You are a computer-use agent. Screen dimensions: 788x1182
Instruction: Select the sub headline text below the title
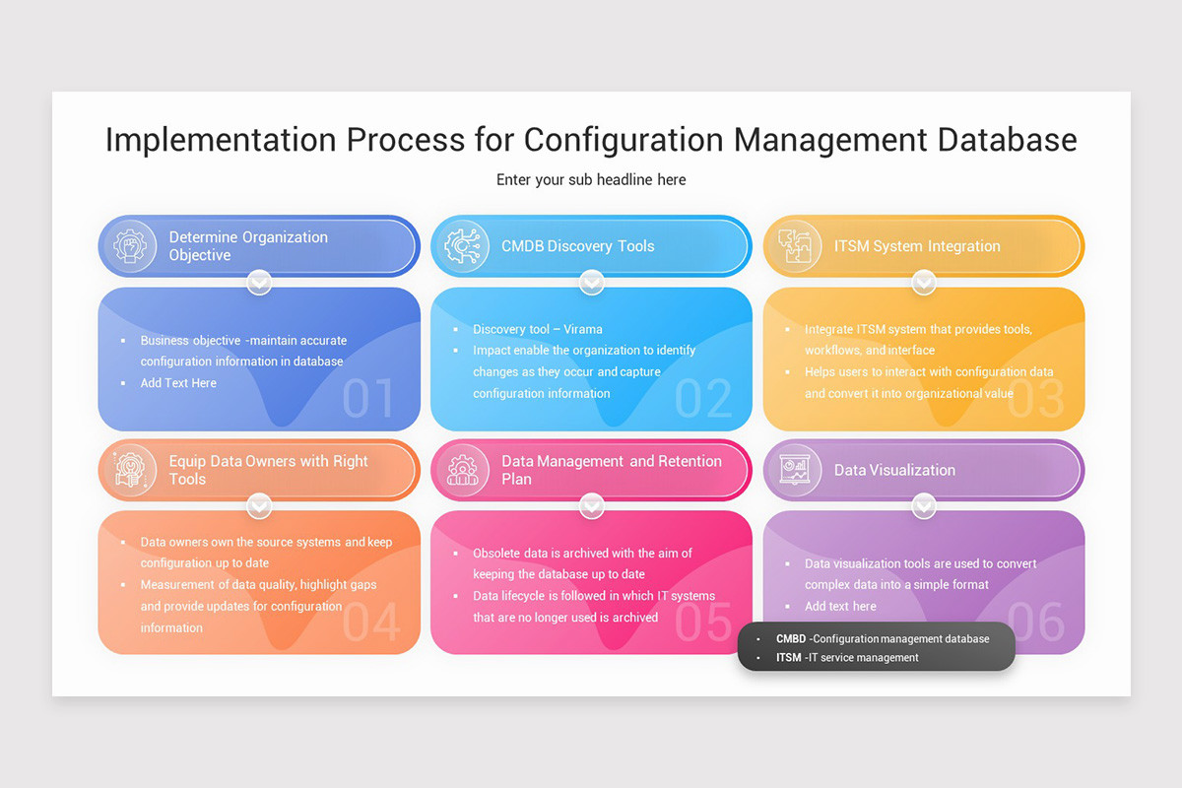pyautogui.click(x=591, y=179)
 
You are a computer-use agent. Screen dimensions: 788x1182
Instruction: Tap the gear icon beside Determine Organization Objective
pyautogui.click(x=129, y=246)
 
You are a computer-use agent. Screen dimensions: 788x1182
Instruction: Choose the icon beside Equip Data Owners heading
pyautogui.click(x=129, y=470)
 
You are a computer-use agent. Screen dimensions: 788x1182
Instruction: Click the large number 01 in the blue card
pyautogui.click(x=368, y=399)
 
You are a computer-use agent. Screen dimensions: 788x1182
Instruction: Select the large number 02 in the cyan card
pyautogui.click(x=703, y=399)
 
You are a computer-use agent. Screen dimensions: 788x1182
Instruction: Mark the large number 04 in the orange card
pyautogui.click(x=371, y=623)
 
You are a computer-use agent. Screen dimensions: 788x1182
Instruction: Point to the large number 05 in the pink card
pyautogui.click(x=704, y=623)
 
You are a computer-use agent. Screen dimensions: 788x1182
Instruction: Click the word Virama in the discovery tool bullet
pyautogui.click(x=583, y=329)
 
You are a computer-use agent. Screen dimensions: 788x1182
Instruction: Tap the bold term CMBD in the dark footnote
pyautogui.click(x=790, y=638)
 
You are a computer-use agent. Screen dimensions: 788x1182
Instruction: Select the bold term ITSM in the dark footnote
pyautogui.click(x=788, y=657)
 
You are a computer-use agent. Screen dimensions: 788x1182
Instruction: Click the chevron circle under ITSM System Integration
pyautogui.click(x=923, y=284)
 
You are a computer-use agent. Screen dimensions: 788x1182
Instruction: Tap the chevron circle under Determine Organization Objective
pyautogui.click(x=259, y=284)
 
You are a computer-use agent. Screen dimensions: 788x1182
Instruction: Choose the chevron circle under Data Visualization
pyautogui.click(x=923, y=507)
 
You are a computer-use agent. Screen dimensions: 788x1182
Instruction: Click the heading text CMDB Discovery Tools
pyautogui.click(x=577, y=246)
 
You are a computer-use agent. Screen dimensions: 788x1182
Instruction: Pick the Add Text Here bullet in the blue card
pyautogui.click(x=178, y=382)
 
